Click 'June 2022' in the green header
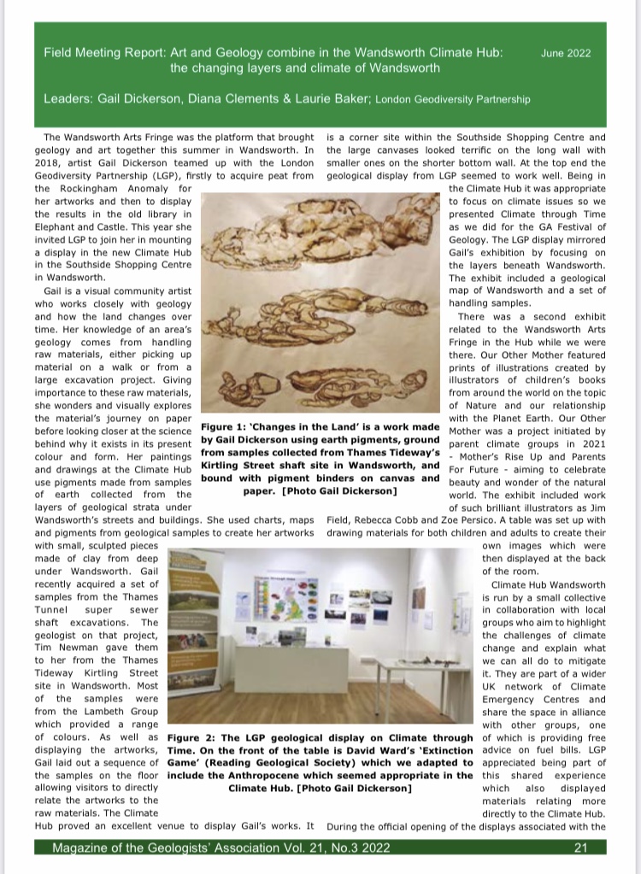tap(566, 53)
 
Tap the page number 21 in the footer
tap(580, 848)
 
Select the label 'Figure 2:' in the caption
tap(196, 737)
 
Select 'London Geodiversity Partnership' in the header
tap(452, 100)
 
